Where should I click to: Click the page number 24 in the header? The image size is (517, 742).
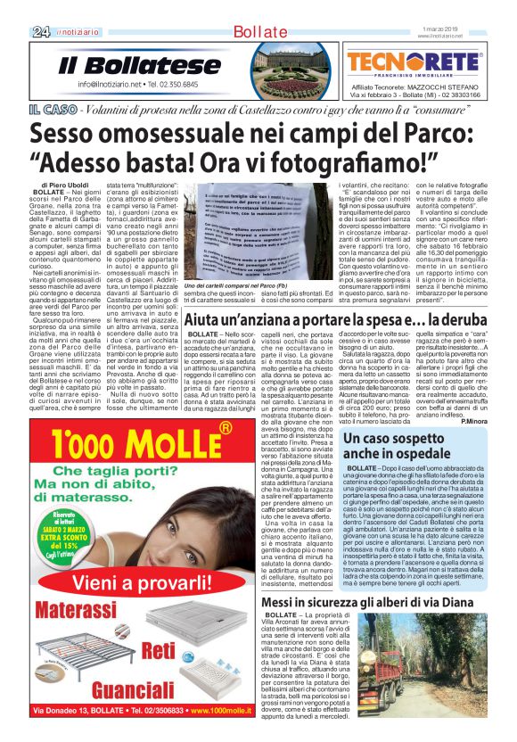pyautogui.click(x=40, y=32)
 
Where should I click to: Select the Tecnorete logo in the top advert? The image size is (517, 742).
pyautogui.click(x=414, y=62)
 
